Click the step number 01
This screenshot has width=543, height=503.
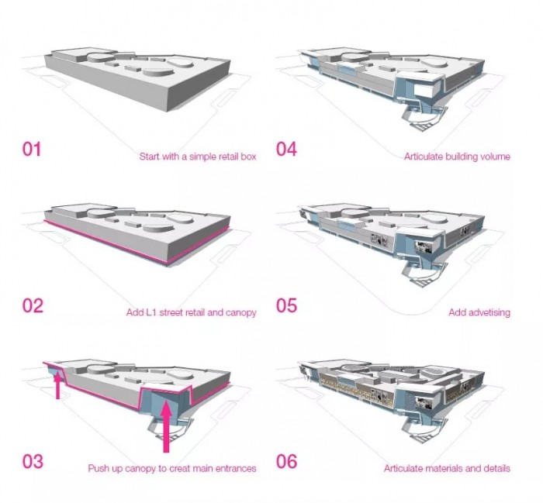pyautogui.click(x=32, y=149)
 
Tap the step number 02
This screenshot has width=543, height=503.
pyautogui.click(x=33, y=305)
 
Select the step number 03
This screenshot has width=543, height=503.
pyautogui.click(x=33, y=461)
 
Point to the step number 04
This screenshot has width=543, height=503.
pyautogui.click(x=286, y=149)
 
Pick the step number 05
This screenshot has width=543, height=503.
pyautogui.click(x=286, y=305)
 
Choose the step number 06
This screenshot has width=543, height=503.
pyautogui.click(x=286, y=461)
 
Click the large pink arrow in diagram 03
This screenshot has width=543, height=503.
pyautogui.click(x=166, y=425)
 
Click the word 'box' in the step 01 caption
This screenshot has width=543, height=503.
pyautogui.click(x=248, y=157)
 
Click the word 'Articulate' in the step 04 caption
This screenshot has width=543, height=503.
pyautogui.click(x=424, y=157)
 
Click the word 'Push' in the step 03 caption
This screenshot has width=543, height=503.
pyautogui.click(x=97, y=468)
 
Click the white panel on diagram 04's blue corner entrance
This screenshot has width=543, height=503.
pyautogui.click(x=423, y=90)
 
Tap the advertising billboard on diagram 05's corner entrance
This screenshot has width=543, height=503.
pyautogui.click(x=424, y=247)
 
